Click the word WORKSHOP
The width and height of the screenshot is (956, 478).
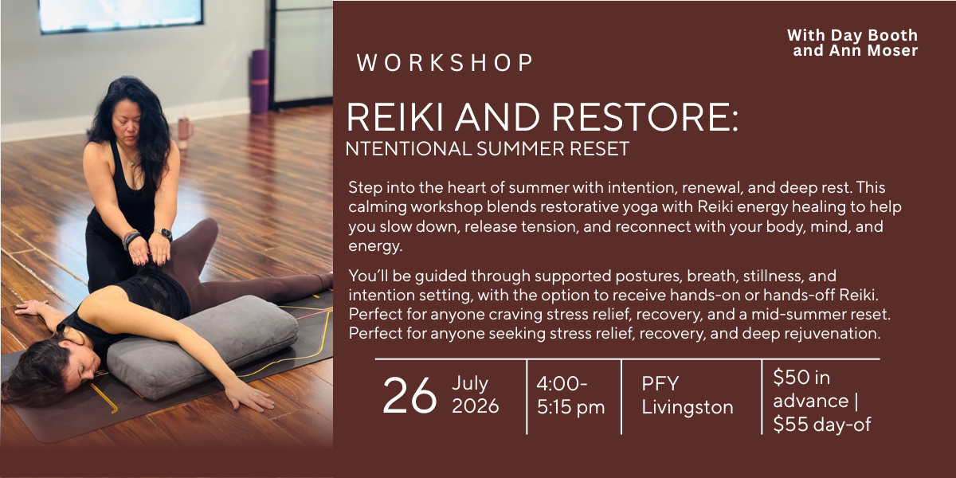[445, 63]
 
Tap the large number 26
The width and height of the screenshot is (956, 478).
[409, 396]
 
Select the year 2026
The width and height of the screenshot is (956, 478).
[475, 406]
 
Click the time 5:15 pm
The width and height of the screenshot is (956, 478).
[570, 407]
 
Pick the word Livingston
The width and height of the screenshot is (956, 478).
[688, 407]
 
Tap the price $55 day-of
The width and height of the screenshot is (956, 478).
[822, 425]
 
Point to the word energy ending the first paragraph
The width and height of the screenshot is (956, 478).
[374, 246]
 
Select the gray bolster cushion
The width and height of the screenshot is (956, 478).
[202, 347]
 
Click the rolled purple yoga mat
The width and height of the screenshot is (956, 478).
[259, 81]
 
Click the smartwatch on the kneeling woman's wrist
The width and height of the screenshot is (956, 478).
[164, 234]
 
